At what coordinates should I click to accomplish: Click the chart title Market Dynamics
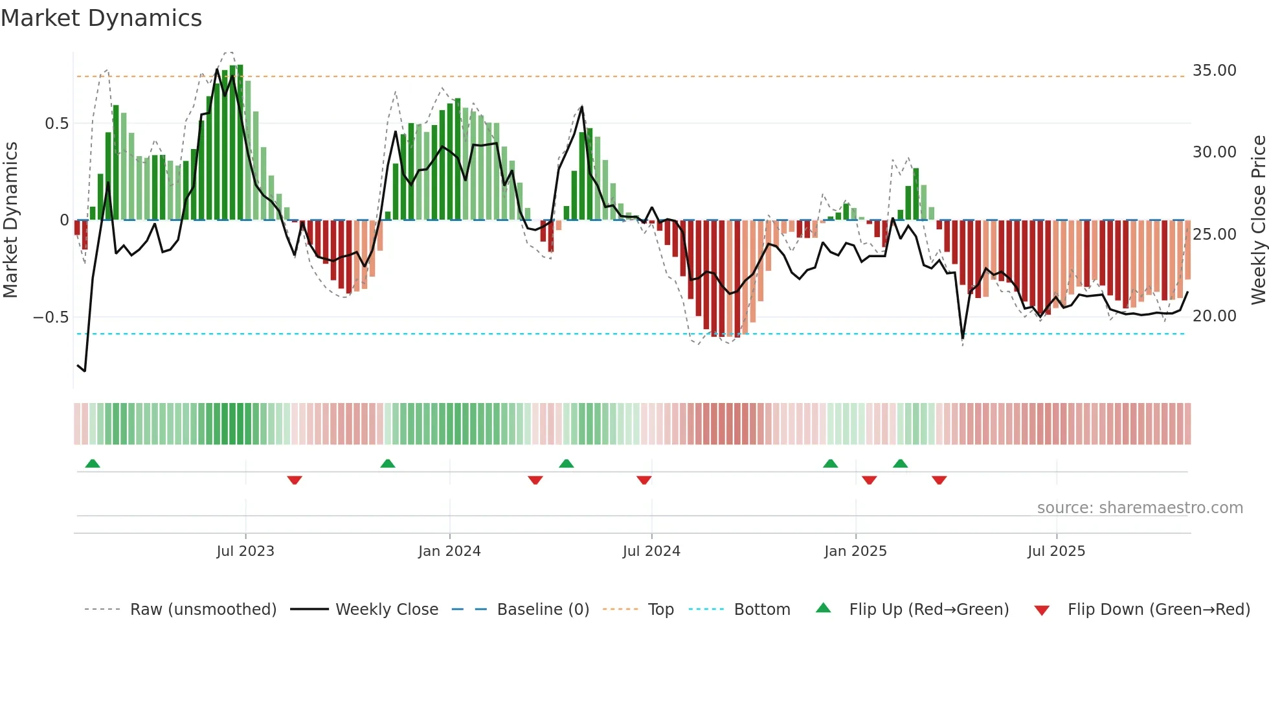[101, 18]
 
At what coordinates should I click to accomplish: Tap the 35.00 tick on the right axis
[1214, 70]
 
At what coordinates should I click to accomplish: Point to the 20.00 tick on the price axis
[1214, 316]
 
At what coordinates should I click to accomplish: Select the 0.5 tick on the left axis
[56, 123]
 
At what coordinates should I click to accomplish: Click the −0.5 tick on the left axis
[51, 317]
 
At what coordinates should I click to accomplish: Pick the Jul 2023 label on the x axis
[245, 551]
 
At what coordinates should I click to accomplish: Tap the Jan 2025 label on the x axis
[855, 551]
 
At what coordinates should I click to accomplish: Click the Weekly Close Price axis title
[1258, 220]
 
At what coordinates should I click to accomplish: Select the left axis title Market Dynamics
[10, 220]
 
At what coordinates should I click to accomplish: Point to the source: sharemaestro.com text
[1140, 507]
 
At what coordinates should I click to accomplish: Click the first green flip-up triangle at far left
[93, 463]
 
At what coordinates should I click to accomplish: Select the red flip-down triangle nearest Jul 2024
[644, 480]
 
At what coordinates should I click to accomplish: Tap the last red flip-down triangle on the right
[939, 480]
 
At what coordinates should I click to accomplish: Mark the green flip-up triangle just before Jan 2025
[830, 463]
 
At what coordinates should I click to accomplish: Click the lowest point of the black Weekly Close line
[85, 371]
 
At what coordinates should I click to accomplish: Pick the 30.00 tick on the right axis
[1214, 152]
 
